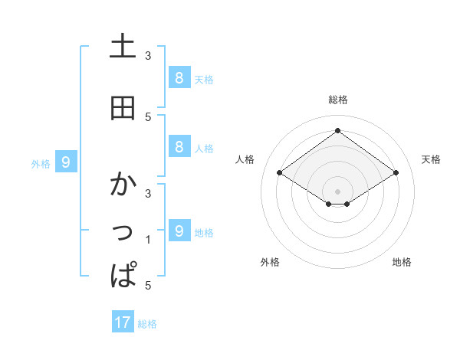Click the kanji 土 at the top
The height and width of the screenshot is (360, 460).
[x=123, y=47]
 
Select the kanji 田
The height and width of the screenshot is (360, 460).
[x=123, y=108]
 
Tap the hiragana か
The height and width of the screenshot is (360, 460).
[x=123, y=185]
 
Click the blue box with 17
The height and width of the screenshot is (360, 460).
[x=123, y=322]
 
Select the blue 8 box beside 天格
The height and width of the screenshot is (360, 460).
[x=179, y=78]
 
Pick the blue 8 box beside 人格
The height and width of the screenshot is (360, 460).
[x=179, y=147]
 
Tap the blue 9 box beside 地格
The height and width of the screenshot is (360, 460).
[x=179, y=231]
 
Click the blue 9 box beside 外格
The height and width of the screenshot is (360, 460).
[x=67, y=162]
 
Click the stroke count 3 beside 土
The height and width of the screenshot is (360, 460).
[x=148, y=56]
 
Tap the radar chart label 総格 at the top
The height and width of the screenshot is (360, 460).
[x=338, y=100]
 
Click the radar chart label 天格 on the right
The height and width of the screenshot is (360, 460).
[x=431, y=159]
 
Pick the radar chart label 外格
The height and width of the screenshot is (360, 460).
[x=270, y=262]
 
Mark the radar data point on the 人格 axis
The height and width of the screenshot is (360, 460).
[x=280, y=173]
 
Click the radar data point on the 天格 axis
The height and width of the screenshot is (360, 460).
[x=396, y=173]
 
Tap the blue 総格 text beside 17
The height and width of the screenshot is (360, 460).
[x=147, y=324]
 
